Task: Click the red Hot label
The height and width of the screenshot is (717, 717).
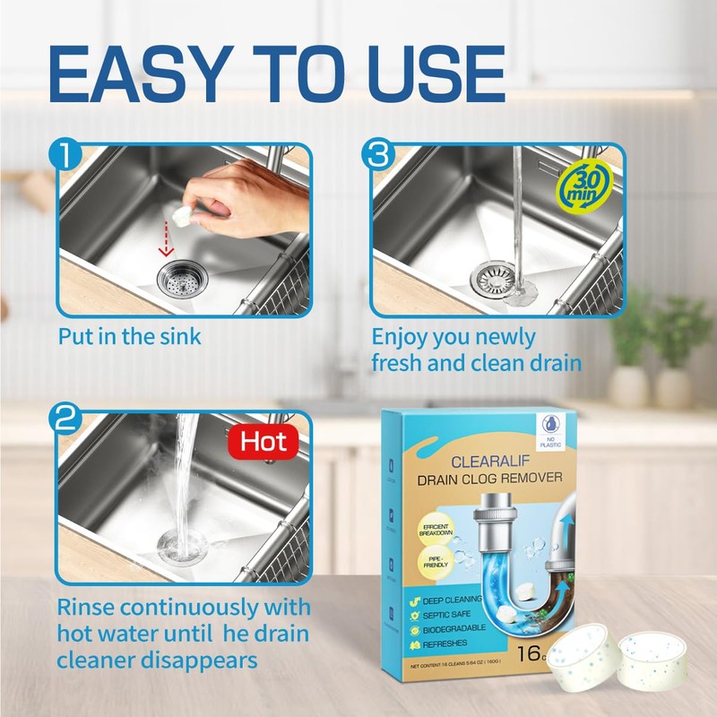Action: pyautogui.click(x=263, y=441)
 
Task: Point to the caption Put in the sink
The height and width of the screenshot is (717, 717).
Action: pyautogui.click(x=130, y=338)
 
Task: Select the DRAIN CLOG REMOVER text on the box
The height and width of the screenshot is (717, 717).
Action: pyautogui.click(x=489, y=479)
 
